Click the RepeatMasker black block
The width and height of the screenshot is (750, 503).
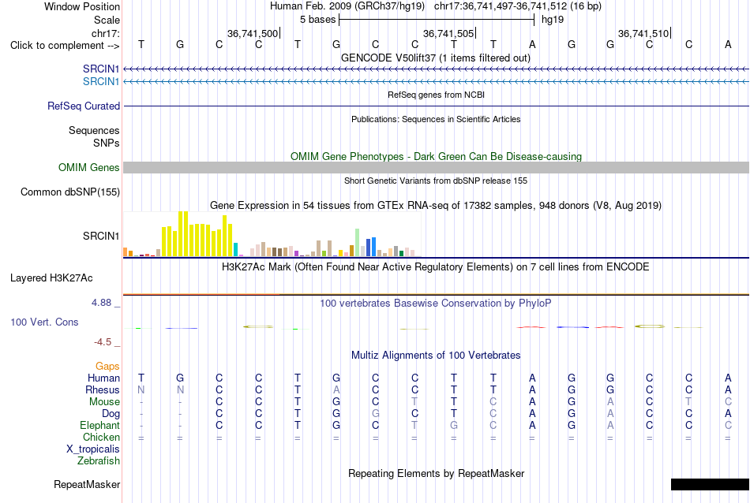(x=711, y=484)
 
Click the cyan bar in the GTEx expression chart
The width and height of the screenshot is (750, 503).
(x=235, y=249)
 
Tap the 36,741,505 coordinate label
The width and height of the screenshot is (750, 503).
(x=448, y=33)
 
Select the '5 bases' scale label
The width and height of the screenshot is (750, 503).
(x=317, y=20)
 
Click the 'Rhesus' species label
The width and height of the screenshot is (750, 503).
(x=103, y=389)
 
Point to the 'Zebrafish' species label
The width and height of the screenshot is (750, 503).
(x=99, y=461)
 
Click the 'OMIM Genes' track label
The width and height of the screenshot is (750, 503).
(x=89, y=167)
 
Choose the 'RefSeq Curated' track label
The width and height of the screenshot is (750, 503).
(x=84, y=106)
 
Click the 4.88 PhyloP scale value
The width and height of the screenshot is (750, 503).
(x=101, y=303)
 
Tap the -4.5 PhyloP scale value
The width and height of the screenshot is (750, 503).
(x=103, y=341)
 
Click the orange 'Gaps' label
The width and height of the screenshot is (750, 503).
(x=107, y=366)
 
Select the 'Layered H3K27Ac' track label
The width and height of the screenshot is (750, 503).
(x=51, y=278)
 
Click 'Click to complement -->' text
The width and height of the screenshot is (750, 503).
(x=65, y=46)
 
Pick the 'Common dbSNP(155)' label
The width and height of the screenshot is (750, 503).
(x=69, y=192)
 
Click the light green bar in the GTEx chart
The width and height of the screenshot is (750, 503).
(x=357, y=243)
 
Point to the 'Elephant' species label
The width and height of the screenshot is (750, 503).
(x=99, y=425)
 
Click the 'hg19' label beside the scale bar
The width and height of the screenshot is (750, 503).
(x=553, y=20)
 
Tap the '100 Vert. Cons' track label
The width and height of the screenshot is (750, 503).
(x=44, y=322)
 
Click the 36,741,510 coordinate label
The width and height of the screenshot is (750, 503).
(x=643, y=33)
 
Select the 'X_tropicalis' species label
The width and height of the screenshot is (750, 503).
(x=93, y=449)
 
